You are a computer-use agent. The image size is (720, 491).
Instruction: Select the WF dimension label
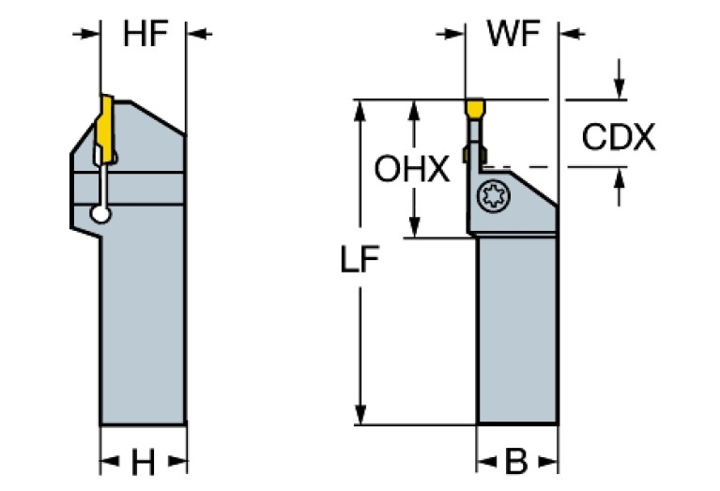coord(513,35)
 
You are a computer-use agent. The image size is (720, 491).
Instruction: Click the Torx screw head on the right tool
coord(492,198)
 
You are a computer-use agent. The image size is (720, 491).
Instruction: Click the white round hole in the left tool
coord(100,216)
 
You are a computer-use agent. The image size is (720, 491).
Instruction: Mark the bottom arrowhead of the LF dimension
coord(358,415)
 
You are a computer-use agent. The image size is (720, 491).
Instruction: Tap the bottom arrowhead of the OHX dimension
coord(413,229)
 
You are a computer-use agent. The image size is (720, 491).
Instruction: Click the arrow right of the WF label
coord(571,35)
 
